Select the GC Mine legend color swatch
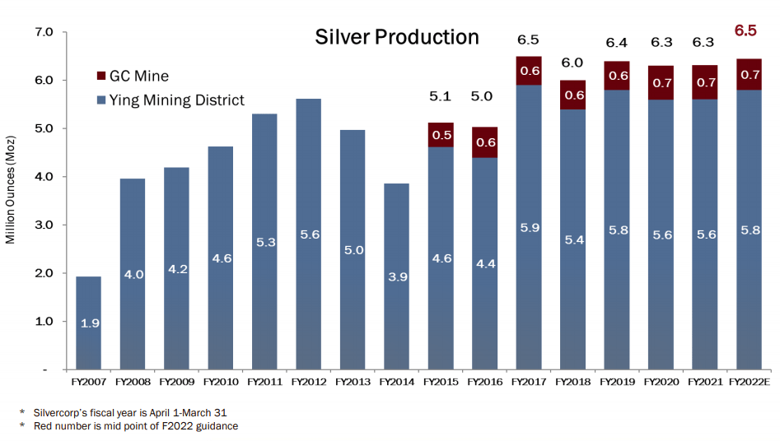(101, 76)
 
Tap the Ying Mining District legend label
(178, 100)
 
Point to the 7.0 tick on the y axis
(43, 32)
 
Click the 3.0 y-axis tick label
(43, 225)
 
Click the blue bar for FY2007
(90, 323)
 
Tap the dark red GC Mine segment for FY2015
(441, 135)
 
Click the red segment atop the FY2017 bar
(529, 71)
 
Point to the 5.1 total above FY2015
(441, 97)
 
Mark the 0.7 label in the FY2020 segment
(661, 82)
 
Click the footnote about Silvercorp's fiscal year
(124, 412)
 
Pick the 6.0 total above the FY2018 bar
(573, 63)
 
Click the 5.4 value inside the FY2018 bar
(573, 239)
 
